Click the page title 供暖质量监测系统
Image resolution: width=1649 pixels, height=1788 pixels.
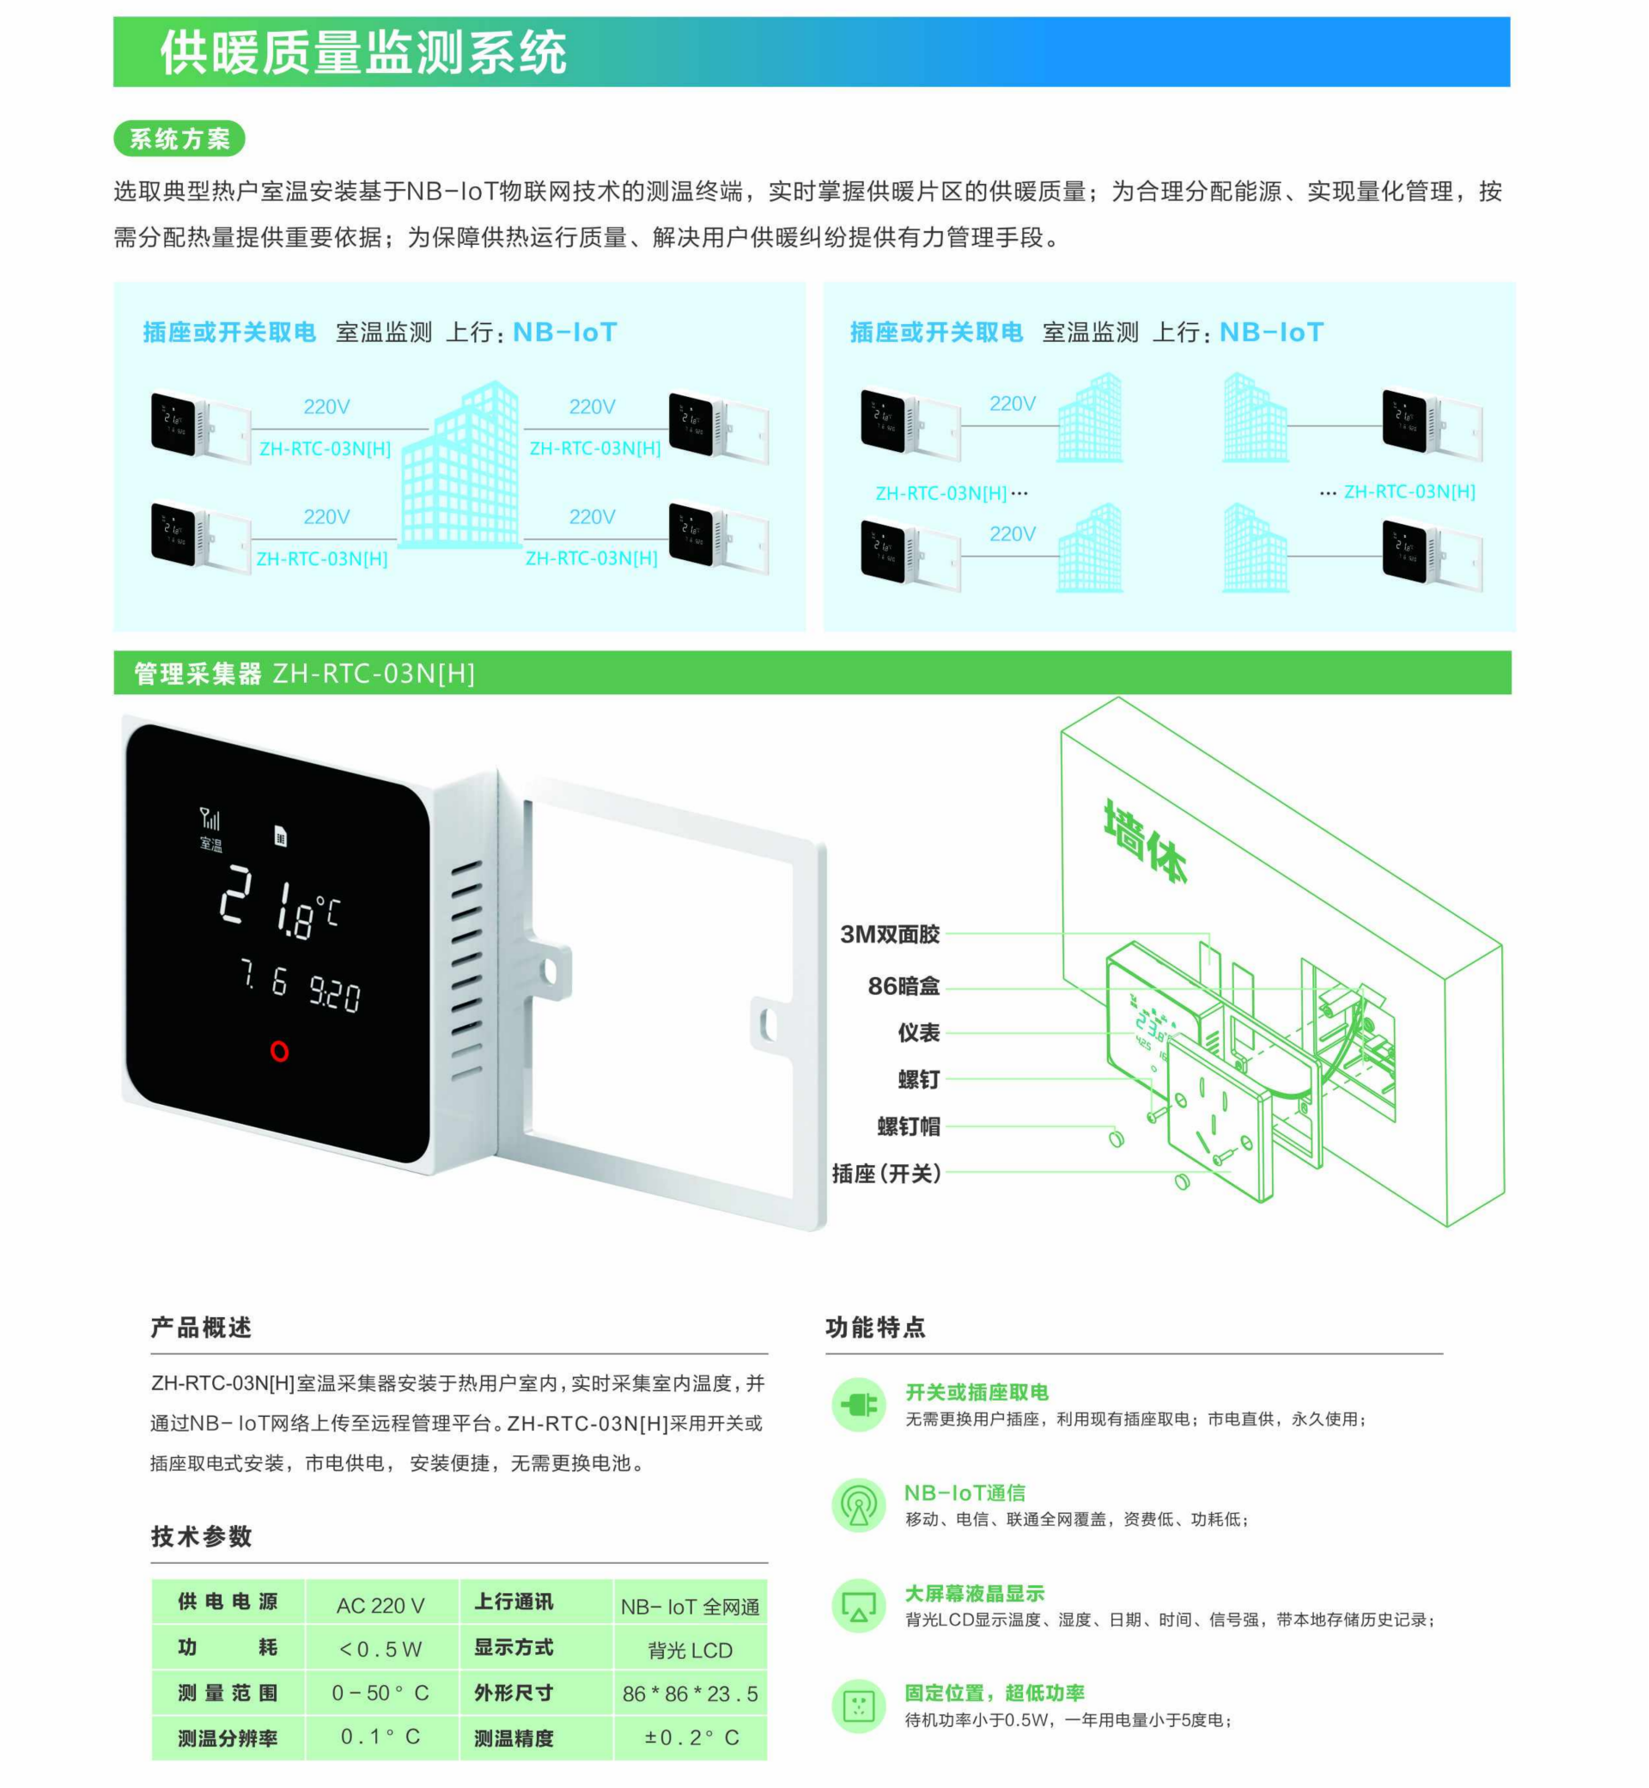point(363,52)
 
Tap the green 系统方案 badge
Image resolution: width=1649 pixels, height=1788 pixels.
point(180,138)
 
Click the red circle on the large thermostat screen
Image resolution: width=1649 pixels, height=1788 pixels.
point(279,1051)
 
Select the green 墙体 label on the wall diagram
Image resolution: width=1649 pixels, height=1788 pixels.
point(1145,840)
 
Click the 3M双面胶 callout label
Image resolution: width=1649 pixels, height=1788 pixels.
point(890,934)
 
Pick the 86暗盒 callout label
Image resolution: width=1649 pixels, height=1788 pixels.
point(904,986)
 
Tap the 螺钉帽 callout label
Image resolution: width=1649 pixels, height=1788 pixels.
point(909,1126)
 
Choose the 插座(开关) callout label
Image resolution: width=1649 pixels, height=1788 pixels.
point(887,1173)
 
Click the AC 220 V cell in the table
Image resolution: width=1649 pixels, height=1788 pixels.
point(380,1606)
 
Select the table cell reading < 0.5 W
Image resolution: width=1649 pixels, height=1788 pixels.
point(380,1649)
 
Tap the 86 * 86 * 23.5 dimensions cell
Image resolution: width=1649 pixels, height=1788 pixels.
point(690,1693)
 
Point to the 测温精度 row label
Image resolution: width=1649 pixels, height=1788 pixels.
point(514,1738)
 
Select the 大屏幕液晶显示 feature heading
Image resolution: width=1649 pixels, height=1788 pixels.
point(975,1594)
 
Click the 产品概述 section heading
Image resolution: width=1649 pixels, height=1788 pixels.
point(201,1327)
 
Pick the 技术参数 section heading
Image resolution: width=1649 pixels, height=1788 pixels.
point(201,1536)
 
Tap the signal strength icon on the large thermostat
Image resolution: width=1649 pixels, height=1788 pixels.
point(210,818)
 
